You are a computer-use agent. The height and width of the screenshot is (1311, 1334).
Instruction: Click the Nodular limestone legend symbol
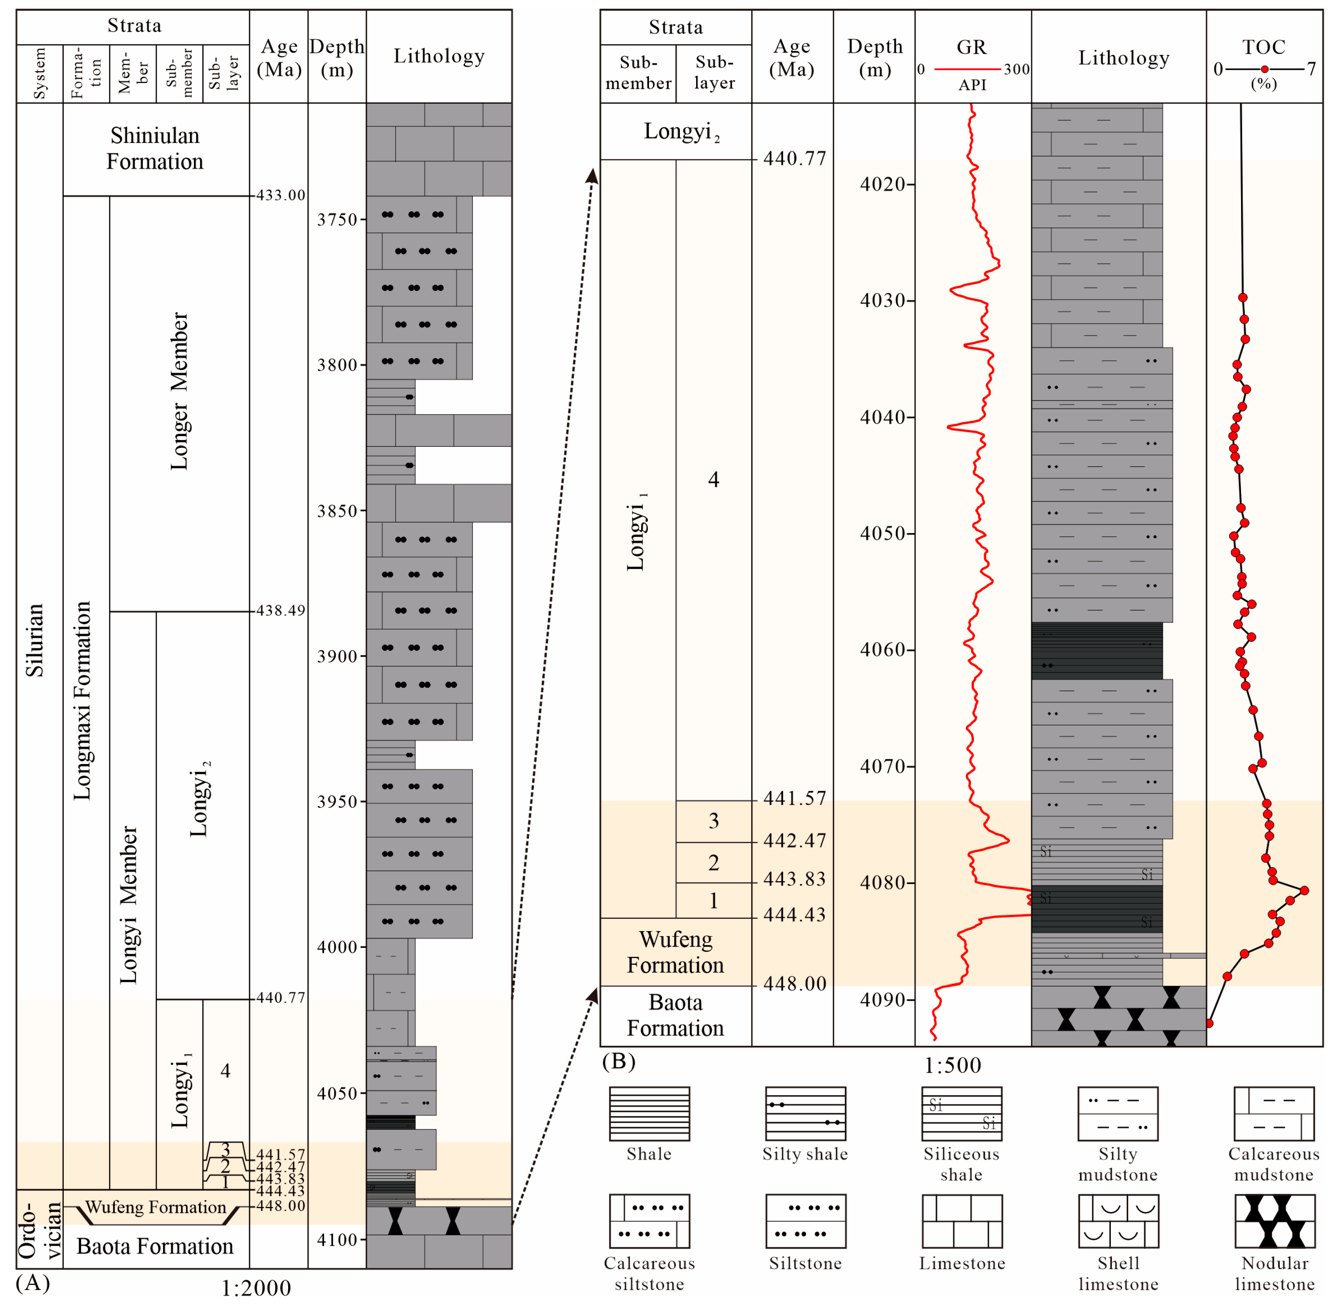pyautogui.click(x=1274, y=1221)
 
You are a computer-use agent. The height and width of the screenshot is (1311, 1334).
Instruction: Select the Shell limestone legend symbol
pyautogui.click(x=1118, y=1221)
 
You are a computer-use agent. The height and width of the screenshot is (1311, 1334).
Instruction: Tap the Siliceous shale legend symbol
pyautogui.click(x=961, y=1114)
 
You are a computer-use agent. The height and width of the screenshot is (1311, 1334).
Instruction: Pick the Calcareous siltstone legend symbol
pyautogui.click(x=649, y=1221)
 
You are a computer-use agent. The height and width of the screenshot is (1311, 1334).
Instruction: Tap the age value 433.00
pyautogui.click(x=280, y=195)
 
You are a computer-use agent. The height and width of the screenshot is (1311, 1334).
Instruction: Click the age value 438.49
pyautogui.click(x=280, y=611)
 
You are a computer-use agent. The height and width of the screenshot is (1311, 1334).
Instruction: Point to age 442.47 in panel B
pyautogui.click(x=794, y=841)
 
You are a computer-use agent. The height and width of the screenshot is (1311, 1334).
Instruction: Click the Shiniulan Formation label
pyautogui.click(x=155, y=148)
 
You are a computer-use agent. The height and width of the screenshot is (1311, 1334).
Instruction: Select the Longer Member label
pyautogui.click(x=179, y=391)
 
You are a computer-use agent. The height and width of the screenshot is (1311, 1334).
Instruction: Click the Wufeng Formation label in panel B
pyautogui.click(x=675, y=952)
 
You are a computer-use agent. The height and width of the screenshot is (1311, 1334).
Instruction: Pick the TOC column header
pyautogui.click(x=1263, y=47)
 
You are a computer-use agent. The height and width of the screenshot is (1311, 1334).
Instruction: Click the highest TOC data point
pyautogui.click(x=1304, y=890)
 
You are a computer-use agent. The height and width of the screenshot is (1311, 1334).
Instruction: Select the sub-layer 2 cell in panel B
pyautogui.click(x=713, y=862)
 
